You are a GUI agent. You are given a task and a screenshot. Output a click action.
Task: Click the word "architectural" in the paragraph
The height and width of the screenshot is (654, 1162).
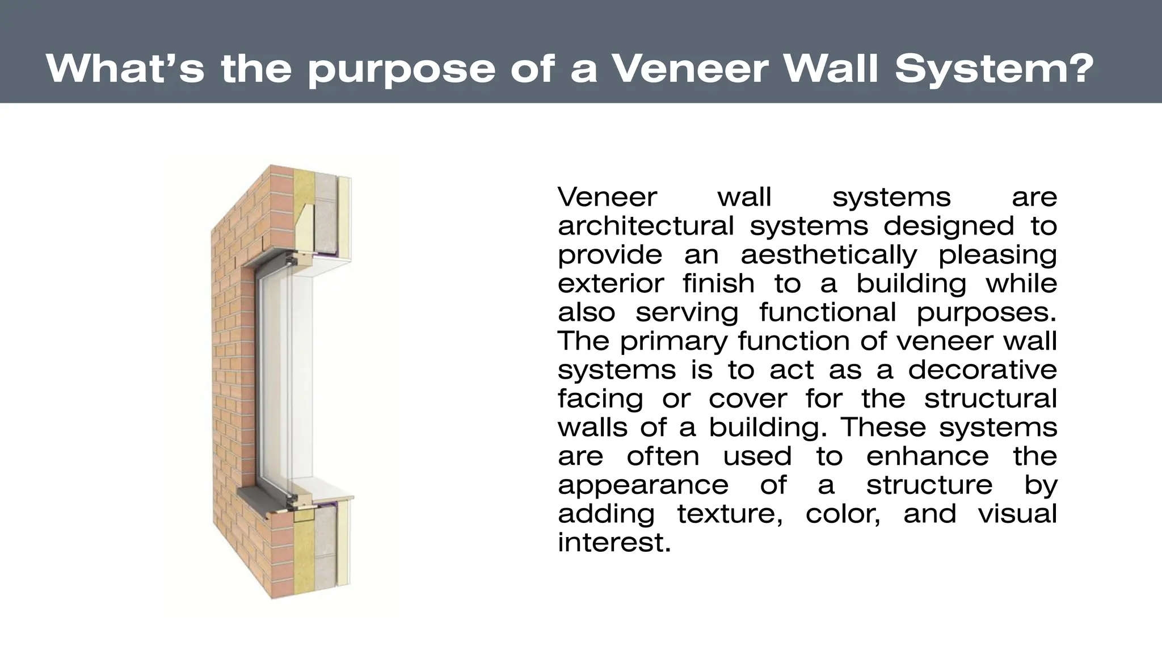(646, 226)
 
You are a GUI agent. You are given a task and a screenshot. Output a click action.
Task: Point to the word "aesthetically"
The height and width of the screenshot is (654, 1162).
(828, 255)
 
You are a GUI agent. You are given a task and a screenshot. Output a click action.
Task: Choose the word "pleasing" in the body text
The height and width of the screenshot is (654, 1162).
(997, 255)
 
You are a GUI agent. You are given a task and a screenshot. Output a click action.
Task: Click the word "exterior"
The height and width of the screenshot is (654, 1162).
(611, 283)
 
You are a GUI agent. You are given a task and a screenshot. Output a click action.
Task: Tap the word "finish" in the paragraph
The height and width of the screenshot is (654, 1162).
(718, 283)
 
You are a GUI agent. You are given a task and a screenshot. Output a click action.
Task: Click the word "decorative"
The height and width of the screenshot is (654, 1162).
(983, 370)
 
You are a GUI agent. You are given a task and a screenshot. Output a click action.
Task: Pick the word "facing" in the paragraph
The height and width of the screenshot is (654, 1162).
(600, 399)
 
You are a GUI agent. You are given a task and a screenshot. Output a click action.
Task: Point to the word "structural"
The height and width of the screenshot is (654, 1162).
(991, 399)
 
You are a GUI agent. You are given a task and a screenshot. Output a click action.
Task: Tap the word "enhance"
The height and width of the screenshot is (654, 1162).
(928, 456)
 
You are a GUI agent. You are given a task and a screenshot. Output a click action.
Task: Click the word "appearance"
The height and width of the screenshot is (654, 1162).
(643, 485)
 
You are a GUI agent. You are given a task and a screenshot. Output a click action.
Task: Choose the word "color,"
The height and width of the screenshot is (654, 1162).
(843, 514)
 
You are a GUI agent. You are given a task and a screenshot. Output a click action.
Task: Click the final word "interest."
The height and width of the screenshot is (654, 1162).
(614, 543)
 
